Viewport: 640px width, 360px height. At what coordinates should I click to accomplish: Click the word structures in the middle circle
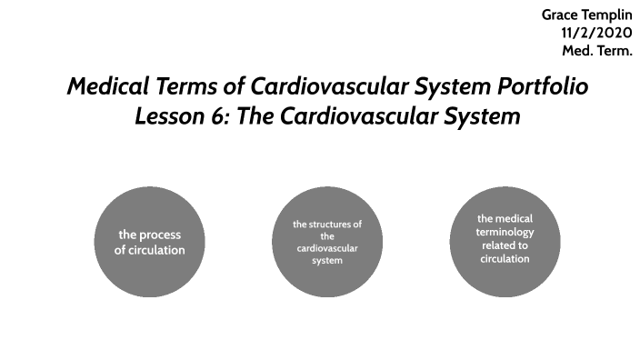click(x=334, y=224)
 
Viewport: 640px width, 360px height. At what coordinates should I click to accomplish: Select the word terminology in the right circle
click(x=505, y=232)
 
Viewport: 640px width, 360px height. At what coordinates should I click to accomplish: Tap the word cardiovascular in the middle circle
click(x=327, y=248)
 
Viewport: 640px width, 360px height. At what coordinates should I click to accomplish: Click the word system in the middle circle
click(x=327, y=261)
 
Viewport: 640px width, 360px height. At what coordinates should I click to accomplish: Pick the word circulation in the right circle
click(x=505, y=259)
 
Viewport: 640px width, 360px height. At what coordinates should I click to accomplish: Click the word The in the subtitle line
click(x=255, y=117)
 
